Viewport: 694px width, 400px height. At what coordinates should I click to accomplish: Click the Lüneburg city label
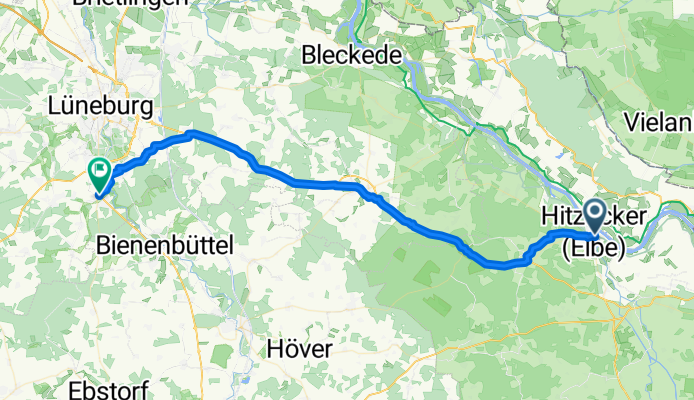click(x=98, y=106)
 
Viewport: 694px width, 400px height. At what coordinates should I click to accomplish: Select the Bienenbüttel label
click(x=167, y=243)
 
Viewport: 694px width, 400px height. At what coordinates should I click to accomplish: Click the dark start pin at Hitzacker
click(x=594, y=214)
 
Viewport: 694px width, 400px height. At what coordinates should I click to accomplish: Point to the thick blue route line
click(x=330, y=184)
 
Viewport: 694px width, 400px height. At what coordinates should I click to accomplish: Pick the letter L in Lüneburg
click(x=55, y=106)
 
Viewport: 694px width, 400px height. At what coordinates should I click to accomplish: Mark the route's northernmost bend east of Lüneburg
click(x=192, y=133)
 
